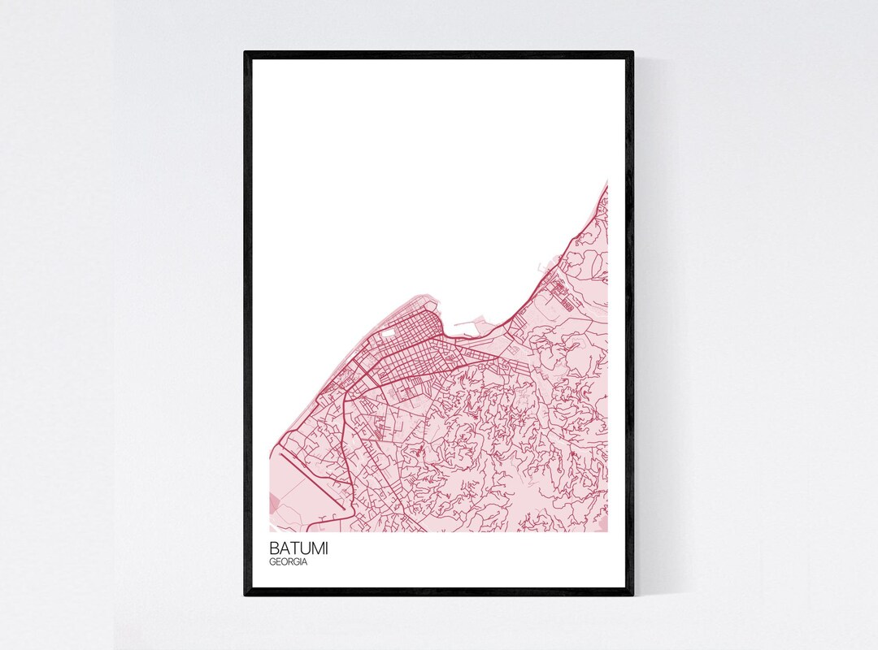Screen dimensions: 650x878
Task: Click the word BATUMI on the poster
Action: tap(300, 548)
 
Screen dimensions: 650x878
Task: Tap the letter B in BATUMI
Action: tap(276, 548)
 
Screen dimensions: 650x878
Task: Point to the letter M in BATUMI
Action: tap(316, 548)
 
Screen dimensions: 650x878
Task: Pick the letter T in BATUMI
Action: tap(293, 548)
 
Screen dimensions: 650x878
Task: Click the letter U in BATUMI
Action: tap(304, 548)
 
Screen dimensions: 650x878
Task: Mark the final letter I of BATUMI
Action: tap(327, 548)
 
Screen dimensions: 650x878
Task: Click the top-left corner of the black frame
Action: tap(246, 53)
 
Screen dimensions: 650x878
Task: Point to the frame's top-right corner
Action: tap(632, 53)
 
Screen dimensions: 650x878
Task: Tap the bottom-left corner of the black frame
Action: tap(246, 595)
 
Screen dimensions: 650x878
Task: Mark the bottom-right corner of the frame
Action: tap(632, 595)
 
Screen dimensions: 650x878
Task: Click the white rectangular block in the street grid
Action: tap(388, 331)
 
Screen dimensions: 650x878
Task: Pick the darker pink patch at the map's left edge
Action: tap(273, 504)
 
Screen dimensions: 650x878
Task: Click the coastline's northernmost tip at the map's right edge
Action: tap(606, 182)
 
